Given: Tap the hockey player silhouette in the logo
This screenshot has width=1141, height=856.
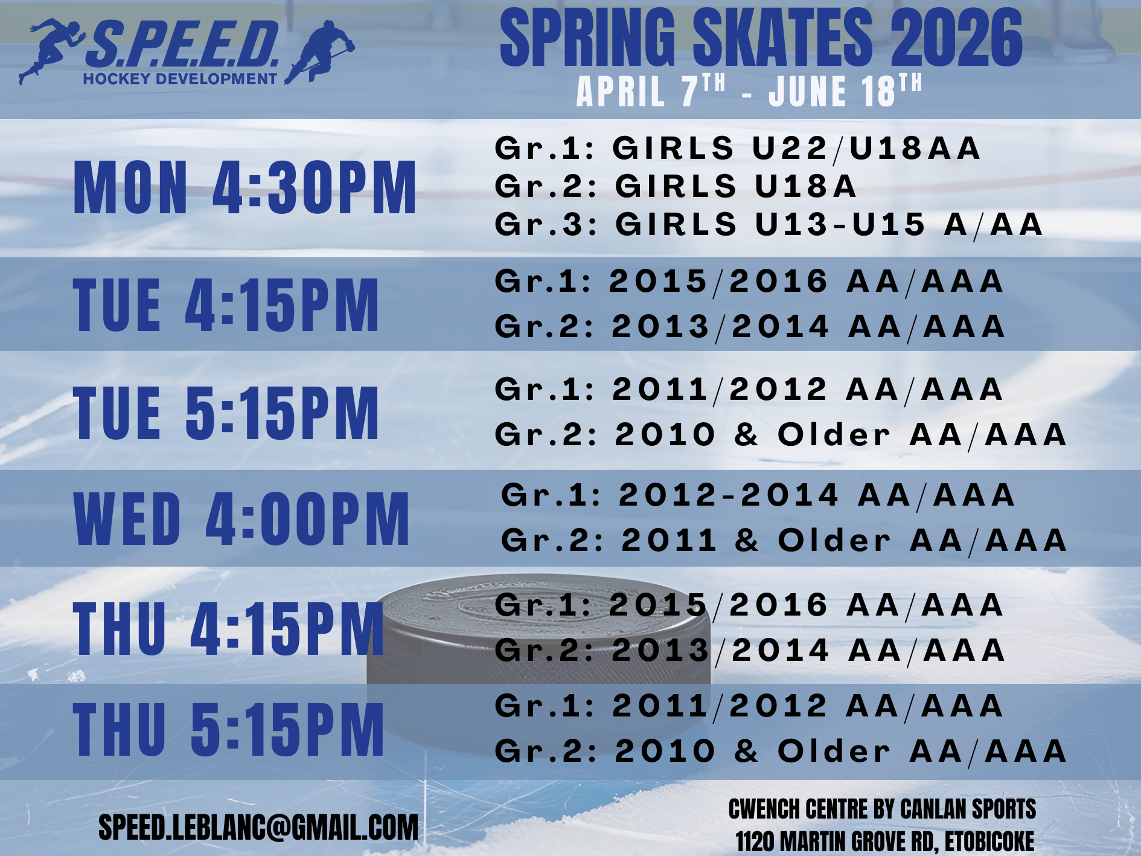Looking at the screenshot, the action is [x=319, y=52].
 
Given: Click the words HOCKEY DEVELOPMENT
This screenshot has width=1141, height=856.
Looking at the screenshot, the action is [x=180, y=79].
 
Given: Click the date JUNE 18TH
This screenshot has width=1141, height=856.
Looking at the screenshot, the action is [x=845, y=91].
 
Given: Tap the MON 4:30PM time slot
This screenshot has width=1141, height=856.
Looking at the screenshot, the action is [x=245, y=188].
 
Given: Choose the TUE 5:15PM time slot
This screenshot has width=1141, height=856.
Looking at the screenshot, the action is [x=226, y=413].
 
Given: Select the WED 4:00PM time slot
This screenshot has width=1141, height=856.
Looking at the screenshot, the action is [x=241, y=518].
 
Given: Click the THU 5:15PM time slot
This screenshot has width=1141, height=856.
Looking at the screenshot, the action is [x=228, y=729].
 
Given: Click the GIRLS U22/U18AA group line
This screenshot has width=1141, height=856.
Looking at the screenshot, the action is [x=738, y=149].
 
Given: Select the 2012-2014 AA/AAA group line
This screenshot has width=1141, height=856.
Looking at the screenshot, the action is [x=758, y=495].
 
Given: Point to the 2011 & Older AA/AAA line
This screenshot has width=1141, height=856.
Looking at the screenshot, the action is [x=784, y=541].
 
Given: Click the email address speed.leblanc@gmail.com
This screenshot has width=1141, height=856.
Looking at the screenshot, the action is [x=258, y=828].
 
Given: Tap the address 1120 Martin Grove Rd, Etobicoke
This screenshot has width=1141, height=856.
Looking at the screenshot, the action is [x=884, y=842].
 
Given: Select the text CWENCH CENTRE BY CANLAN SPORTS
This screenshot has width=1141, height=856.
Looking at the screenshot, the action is [x=882, y=809].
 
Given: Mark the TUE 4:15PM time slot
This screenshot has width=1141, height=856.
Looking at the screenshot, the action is [x=226, y=305].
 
